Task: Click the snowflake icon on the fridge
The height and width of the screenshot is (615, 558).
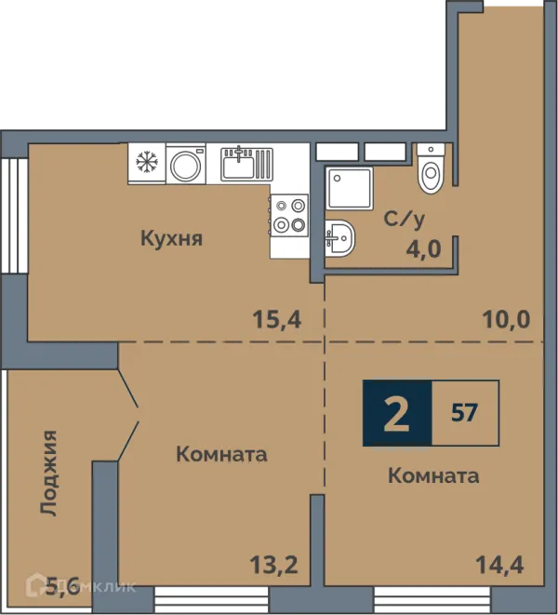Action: point(147,162)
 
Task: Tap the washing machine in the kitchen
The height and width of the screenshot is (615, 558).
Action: point(186,164)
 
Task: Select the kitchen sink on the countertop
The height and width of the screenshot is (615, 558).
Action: point(246,164)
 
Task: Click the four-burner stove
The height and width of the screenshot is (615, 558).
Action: point(289,215)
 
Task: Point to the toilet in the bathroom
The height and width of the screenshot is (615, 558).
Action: point(431,168)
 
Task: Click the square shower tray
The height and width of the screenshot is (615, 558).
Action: point(350,189)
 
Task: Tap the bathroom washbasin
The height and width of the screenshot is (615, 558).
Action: point(340,238)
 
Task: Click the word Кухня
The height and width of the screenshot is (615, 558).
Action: point(172,238)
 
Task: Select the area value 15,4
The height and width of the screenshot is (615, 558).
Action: point(277,319)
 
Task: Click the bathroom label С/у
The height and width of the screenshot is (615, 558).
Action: point(405,220)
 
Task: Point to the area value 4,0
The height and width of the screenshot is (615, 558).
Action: point(423,248)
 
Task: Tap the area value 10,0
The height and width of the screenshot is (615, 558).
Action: point(506,319)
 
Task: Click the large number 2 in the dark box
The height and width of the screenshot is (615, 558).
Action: point(396,413)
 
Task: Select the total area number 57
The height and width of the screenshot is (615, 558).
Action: point(465,412)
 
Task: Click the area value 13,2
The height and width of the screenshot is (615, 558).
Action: point(273,565)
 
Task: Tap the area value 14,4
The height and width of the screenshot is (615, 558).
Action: point(499,565)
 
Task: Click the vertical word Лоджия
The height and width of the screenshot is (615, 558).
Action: point(49,473)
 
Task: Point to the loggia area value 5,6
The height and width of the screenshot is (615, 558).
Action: point(62,585)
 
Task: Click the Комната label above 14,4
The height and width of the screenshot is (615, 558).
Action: point(433,476)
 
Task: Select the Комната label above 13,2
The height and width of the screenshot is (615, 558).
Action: point(222,455)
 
